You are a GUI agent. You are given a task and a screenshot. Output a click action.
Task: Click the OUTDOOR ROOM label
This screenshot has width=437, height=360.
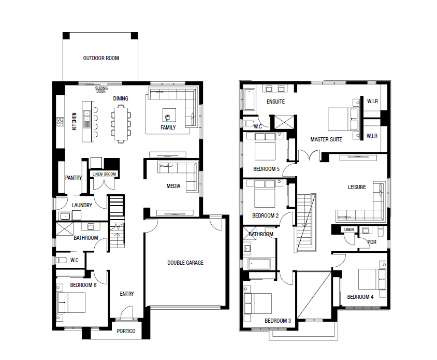point(101,59)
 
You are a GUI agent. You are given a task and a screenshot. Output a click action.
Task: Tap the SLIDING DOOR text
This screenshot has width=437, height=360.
point(101,90)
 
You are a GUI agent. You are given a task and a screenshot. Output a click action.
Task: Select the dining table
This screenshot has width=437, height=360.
point(121,124)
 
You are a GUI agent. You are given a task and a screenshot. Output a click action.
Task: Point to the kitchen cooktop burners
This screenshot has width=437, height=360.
point(60,122)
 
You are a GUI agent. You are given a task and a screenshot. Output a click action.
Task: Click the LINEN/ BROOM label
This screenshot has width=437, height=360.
point(104,174)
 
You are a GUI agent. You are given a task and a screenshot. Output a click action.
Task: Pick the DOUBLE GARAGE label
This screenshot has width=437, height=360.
point(185,263)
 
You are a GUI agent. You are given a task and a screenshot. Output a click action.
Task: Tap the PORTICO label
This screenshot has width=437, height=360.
point(126,331)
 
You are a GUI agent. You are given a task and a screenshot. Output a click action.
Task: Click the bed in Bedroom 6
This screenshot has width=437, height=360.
point(71,303)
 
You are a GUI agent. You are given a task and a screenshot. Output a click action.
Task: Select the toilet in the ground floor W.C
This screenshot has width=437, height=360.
point(61,260)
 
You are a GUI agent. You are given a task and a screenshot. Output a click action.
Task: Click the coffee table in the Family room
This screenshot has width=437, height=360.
point(169,115)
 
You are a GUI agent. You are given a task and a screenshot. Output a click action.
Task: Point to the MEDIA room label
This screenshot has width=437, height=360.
point(173,186)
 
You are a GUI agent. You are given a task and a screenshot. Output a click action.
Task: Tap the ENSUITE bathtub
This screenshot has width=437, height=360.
point(250,99)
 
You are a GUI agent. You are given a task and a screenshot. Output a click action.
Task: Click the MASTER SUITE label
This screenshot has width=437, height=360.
point(326,139)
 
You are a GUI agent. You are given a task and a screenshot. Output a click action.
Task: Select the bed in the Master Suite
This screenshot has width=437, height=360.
point(343,119)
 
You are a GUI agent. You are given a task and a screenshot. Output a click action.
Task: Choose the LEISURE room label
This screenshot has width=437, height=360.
point(357,187)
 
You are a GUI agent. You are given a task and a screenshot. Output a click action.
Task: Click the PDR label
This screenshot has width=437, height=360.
point(372,242)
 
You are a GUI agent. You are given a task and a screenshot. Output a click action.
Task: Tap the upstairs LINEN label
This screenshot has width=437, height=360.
point(349,229)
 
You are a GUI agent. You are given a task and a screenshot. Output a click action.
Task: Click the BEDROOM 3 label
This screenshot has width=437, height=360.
point(278,321)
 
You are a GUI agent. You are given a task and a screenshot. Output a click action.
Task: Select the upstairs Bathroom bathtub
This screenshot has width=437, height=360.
point(259,264)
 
